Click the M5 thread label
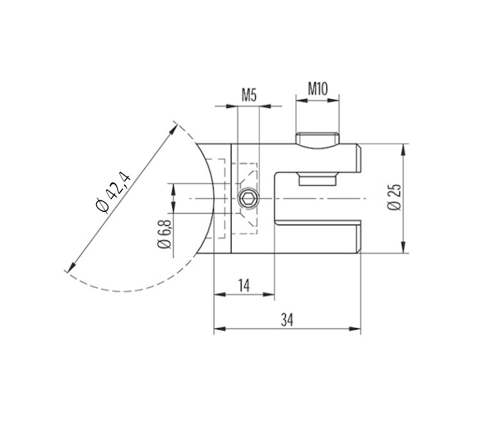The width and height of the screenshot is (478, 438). click(249, 96)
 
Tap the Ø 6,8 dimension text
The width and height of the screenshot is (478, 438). click(165, 234)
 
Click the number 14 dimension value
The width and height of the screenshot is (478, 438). click(244, 285)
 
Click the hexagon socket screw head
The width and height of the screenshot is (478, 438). click(248, 198)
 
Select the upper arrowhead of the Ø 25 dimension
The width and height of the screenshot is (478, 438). click(404, 150)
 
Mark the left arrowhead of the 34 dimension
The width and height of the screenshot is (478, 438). click(220, 329)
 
